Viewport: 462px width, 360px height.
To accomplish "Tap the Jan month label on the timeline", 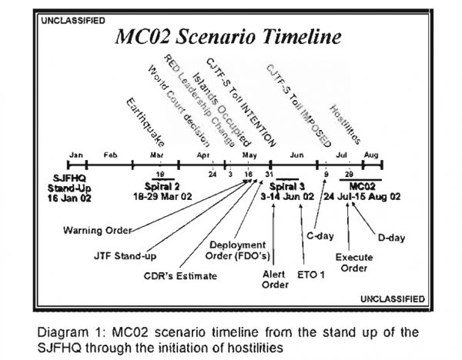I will pyautogui.click(x=75, y=155).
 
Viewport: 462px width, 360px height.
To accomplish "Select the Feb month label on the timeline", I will pyautogui.click(x=110, y=155).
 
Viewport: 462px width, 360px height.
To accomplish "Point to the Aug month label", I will pyautogui.click(x=371, y=155).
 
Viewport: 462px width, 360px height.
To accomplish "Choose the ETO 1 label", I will pyautogui.click(x=312, y=273).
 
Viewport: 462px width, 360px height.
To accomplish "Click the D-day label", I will pyautogui.click(x=391, y=237).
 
